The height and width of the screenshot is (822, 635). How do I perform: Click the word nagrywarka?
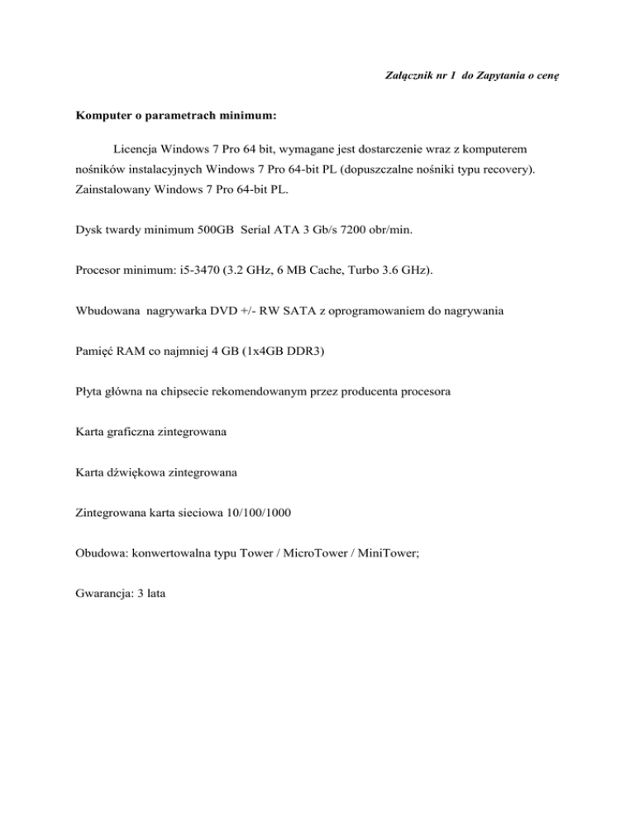coord(179,342)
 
